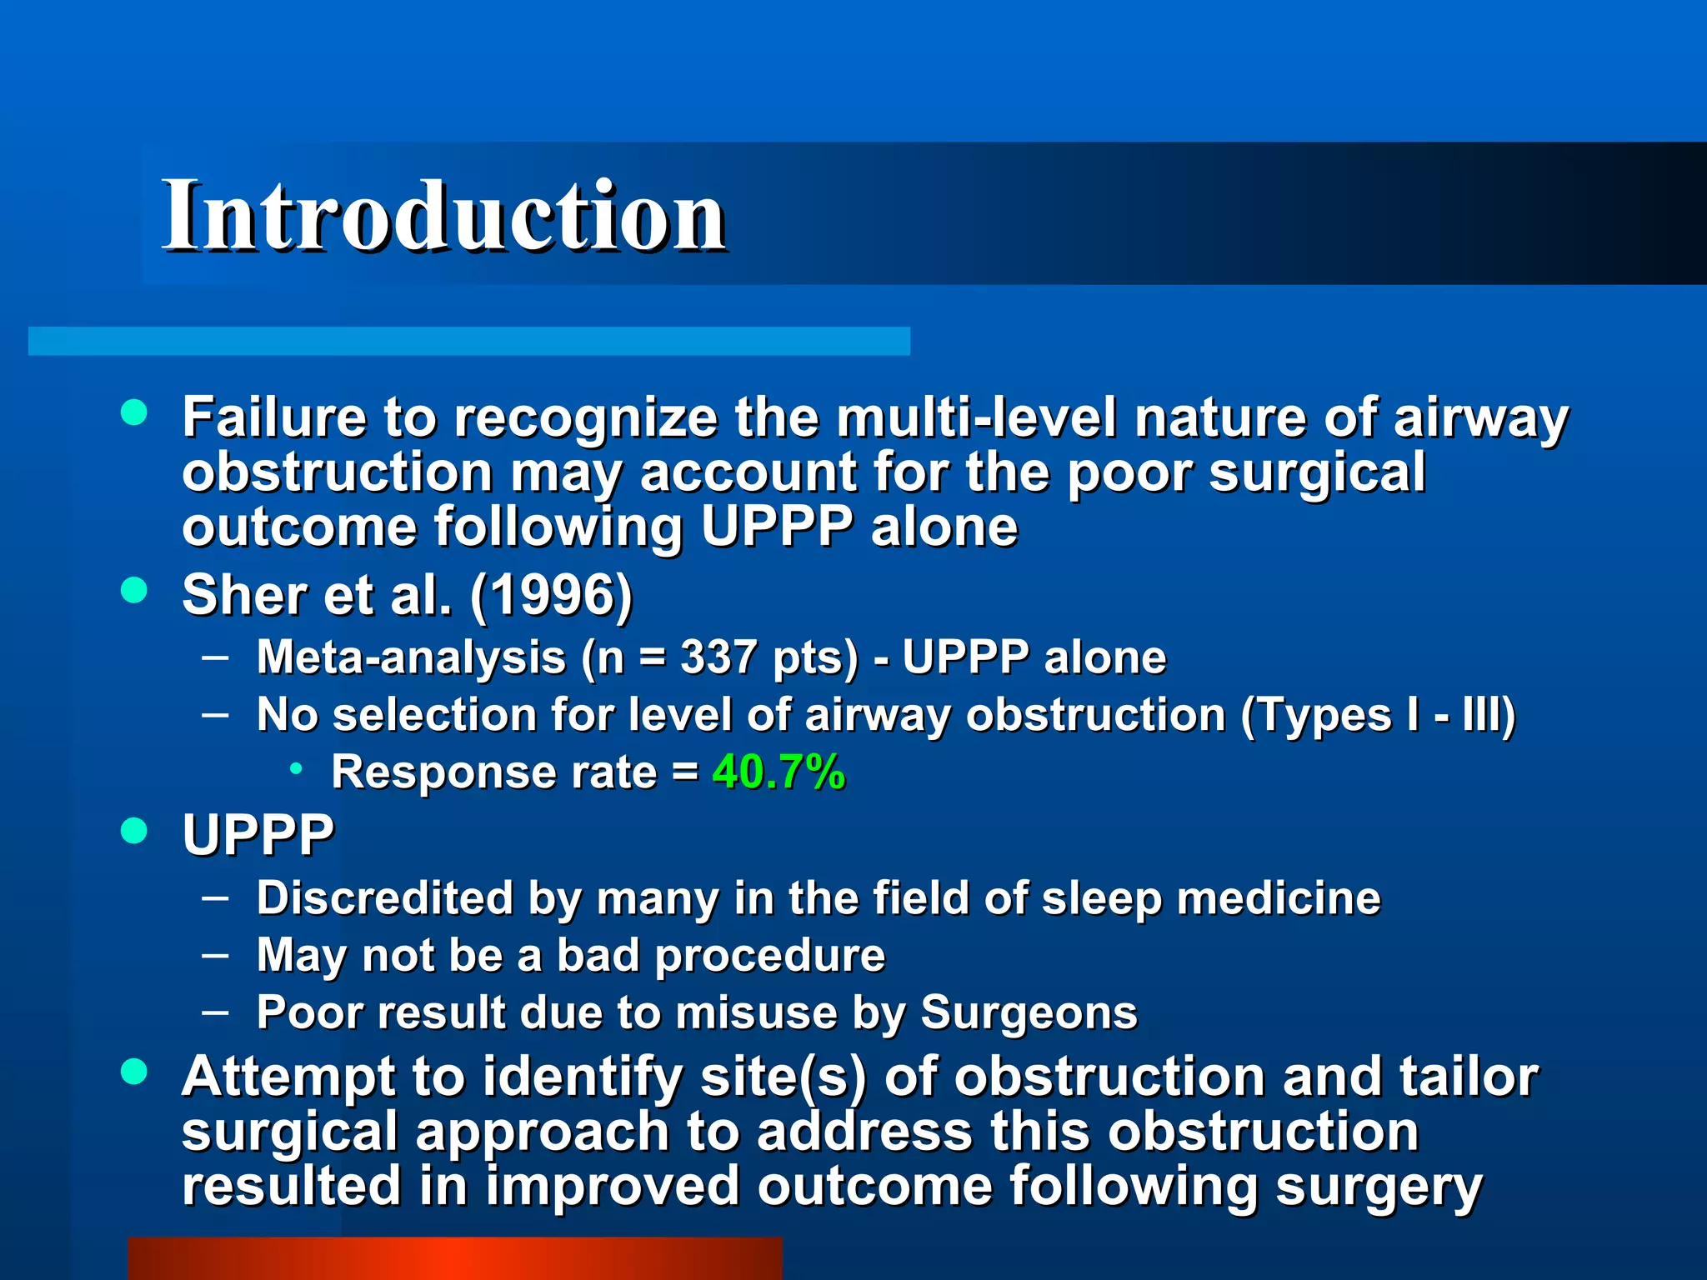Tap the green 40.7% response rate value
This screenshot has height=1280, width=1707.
[778, 772]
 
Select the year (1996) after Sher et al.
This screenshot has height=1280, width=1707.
[551, 595]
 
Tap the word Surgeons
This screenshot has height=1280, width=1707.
[1029, 1012]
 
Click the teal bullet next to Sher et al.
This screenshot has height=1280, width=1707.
[133, 590]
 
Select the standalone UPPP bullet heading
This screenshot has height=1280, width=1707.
[258, 834]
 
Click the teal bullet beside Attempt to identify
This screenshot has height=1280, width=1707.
[133, 1072]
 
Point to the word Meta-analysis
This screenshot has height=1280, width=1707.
[411, 657]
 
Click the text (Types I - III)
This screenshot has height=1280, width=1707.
[1378, 715]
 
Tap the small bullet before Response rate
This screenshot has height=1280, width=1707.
[296, 769]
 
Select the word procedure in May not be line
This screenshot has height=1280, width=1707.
[769, 955]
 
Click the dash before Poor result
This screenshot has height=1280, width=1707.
[215, 1012]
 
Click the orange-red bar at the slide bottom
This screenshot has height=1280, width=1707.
[454, 1258]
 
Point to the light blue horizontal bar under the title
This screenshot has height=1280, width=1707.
[468, 341]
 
